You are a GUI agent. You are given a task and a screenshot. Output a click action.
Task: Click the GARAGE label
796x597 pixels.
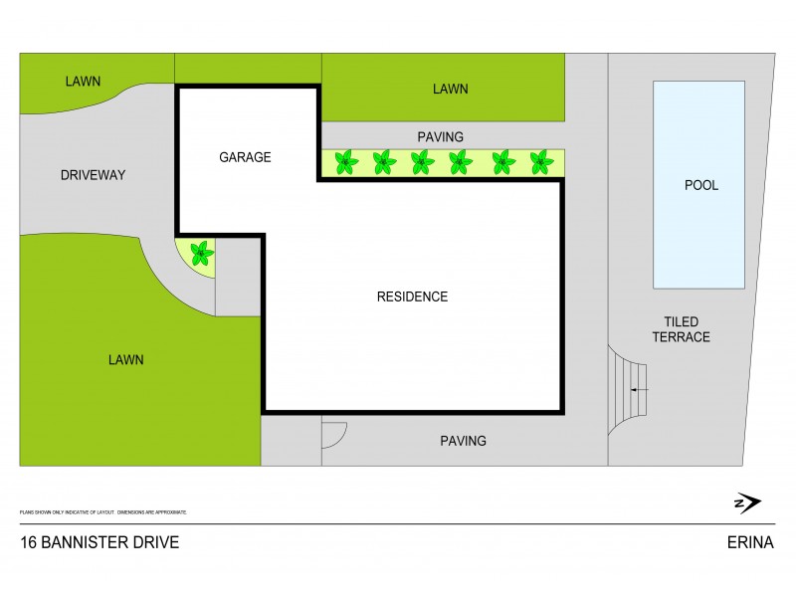245,157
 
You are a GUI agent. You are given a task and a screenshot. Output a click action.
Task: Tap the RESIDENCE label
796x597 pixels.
412,297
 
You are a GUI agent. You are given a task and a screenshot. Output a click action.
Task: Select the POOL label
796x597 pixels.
701,185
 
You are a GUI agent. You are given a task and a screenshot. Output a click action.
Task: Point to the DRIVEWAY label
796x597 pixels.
93,175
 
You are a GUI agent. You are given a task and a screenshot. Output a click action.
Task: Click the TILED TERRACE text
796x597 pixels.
681,329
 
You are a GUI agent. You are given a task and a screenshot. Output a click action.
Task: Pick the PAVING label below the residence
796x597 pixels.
464,440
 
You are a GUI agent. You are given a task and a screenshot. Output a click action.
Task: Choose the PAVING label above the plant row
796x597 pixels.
441,136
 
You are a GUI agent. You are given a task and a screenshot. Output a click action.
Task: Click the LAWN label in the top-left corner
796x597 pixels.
84,81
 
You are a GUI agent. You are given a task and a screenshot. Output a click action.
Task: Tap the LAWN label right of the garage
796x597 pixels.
450,89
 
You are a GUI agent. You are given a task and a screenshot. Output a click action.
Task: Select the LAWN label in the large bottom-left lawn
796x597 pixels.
126,360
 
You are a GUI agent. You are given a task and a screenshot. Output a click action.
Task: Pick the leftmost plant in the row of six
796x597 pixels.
345,161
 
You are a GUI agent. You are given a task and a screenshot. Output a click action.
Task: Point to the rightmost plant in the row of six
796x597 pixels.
541,161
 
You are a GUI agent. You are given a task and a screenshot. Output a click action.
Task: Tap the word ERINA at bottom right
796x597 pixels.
750,542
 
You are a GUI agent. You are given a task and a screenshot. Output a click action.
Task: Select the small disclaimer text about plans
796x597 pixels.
103,511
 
